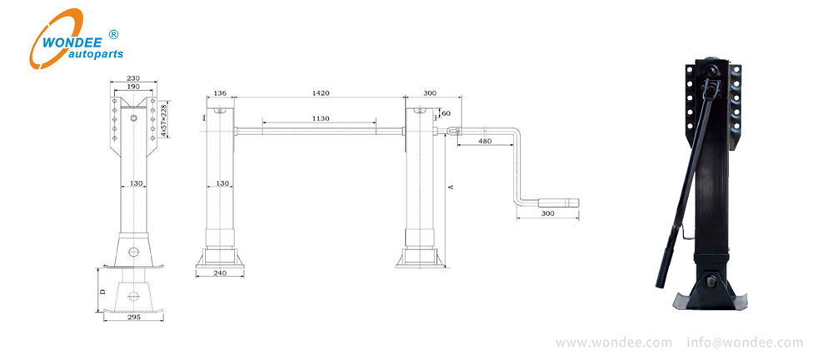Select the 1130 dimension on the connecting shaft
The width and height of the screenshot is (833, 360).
[320, 118]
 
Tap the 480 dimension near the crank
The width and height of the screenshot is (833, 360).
[484, 142]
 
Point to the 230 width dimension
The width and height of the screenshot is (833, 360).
[133, 78]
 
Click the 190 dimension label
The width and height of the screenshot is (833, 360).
[133, 86]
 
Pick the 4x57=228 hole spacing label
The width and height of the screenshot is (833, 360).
[164, 119]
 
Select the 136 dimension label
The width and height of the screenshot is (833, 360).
[220, 94]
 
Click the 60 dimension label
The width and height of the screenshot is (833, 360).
[446, 112]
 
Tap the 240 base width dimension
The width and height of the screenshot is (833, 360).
[221, 272]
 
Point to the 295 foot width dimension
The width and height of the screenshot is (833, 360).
[134, 317]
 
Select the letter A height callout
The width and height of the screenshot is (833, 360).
[451, 187]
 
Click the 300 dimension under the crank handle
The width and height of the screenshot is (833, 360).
[547, 214]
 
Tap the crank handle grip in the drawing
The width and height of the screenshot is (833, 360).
[558, 202]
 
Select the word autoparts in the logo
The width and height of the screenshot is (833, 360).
[93, 53]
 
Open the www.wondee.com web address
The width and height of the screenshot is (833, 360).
[613, 342]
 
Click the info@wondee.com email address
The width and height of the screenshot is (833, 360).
[745, 342]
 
